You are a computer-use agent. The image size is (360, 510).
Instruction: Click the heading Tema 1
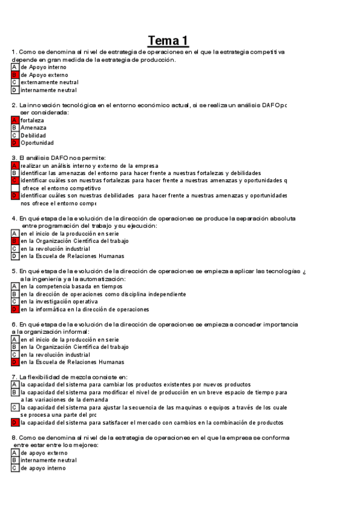pos(168,40)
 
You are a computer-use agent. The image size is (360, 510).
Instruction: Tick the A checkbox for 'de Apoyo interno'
pos(14,67)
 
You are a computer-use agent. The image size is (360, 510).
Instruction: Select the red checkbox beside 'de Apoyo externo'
pos(14,75)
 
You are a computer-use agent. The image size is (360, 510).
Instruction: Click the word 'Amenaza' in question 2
pos(33,127)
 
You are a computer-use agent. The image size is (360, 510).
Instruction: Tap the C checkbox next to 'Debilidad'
pos(14,135)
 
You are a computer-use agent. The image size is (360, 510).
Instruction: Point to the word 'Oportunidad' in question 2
pos(37,143)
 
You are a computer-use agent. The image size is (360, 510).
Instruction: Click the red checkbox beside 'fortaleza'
pos(14,120)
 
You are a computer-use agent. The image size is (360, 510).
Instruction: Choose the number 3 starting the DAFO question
pos(13,158)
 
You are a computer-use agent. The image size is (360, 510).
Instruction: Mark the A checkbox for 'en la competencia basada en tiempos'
pos(14,287)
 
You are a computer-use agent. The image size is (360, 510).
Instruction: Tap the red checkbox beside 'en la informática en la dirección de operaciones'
pos(14,309)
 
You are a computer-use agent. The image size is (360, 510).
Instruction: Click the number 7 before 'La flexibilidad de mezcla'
pos(13,377)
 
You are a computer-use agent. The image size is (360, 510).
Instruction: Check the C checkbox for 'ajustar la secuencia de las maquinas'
pos(14,407)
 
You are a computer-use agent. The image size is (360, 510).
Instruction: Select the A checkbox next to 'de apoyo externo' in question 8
pos(14,453)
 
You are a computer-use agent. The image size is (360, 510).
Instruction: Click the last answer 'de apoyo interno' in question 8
pos(43,467)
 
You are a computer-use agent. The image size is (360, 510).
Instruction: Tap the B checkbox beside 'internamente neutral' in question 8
pos(14,460)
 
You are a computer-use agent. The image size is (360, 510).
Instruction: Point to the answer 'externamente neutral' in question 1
pos(49,82)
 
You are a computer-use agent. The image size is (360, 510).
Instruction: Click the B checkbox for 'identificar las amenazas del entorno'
pos(14,173)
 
